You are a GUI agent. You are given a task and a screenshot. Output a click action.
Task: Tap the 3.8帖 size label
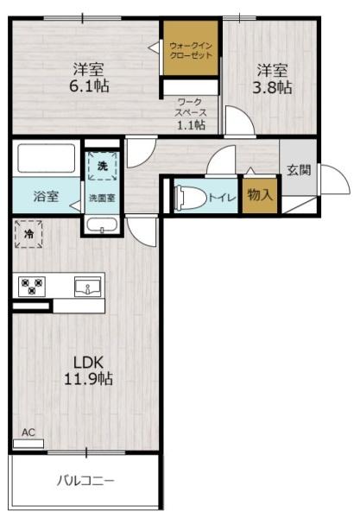point(272,86)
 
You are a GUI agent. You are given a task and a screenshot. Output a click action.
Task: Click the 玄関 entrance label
point(299,170)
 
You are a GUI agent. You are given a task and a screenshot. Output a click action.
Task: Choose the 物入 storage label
point(259,196)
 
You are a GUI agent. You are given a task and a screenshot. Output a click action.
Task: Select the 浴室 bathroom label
point(46,196)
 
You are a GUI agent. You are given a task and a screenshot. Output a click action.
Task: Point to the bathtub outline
point(46,159)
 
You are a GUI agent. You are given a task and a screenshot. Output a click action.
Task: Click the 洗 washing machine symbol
point(102,164)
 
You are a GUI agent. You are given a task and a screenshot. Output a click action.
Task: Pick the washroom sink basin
point(102,226)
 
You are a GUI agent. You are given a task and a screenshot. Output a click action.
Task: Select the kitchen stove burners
point(33,286)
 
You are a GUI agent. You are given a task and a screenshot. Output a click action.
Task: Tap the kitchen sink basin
point(87,286)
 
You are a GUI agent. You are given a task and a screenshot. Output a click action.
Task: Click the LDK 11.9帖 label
point(85,370)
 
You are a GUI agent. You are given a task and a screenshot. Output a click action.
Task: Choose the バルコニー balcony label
point(85,480)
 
